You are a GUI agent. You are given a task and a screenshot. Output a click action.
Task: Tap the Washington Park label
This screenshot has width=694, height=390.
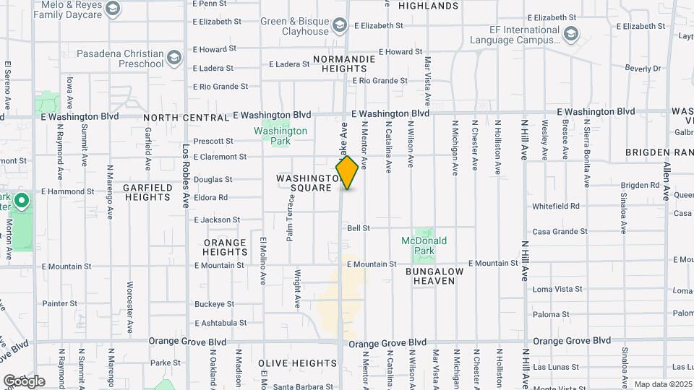[x=280, y=136]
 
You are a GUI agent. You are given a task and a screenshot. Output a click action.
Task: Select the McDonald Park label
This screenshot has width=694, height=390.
[x=424, y=246]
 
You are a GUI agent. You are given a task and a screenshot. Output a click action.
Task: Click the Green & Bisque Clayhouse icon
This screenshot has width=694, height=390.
[x=340, y=27]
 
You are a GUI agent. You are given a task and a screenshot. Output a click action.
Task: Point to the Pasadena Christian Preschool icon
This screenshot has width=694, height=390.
[x=174, y=57]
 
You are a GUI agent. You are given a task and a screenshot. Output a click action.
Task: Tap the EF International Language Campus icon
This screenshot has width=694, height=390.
[x=571, y=34]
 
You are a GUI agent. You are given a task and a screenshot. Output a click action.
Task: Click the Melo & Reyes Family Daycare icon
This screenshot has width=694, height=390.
[x=112, y=9]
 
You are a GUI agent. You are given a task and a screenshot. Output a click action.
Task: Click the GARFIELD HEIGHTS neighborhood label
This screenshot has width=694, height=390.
[x=147, y=192]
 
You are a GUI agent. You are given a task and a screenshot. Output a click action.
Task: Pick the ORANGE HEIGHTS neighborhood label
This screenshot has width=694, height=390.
[x=226, y=247]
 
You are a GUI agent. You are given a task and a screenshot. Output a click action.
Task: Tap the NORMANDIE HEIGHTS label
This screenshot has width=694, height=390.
[x=344, y=64]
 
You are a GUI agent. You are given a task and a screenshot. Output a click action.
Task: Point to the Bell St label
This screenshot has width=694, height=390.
[x=359, y=227]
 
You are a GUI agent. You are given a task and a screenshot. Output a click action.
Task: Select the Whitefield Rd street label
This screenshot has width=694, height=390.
[x=556, y=206]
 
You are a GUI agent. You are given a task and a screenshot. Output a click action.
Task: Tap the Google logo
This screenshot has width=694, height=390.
[x=24, y=381]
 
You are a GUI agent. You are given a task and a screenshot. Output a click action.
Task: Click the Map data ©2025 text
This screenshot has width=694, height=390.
[x=663, y=384]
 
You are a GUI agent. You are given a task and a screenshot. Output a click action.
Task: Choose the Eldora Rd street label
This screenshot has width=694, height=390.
[x=210, y=197]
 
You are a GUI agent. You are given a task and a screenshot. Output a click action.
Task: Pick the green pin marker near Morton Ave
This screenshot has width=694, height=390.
[x=22, y=201]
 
